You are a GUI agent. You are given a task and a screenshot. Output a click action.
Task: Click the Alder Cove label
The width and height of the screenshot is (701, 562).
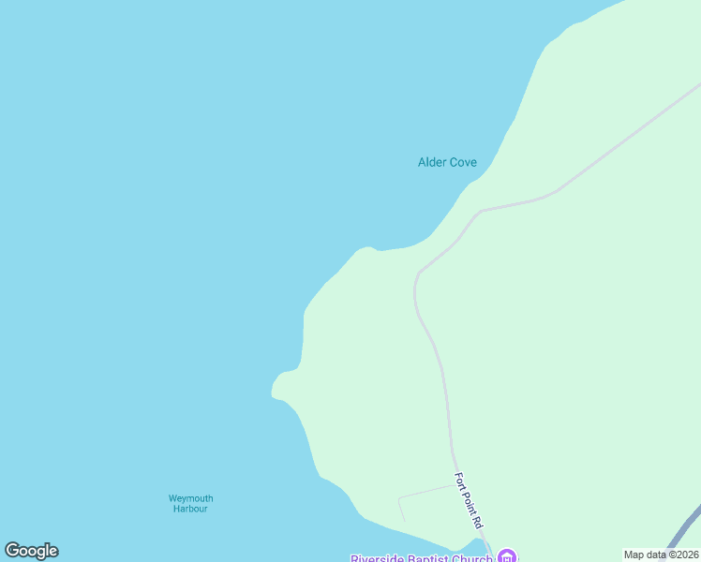(447, 162)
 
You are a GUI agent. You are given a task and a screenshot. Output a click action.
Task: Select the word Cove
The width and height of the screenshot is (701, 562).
(463, 162)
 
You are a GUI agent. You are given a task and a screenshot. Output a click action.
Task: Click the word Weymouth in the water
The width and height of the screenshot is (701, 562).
(190, 498)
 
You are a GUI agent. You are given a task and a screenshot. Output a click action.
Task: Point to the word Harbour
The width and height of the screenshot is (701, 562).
(190, 509)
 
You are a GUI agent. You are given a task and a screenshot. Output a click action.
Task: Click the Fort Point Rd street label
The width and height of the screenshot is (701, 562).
(468, 500)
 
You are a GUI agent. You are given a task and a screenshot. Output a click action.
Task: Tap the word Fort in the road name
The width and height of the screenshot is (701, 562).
(460, 480)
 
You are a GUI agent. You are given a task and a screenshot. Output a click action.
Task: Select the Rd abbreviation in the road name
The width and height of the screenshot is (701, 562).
(476, 522)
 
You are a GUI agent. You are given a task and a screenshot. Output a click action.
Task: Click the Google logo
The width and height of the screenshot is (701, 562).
(31, 551)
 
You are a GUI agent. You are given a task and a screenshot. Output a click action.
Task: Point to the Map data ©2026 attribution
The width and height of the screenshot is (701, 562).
(661, 555)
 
